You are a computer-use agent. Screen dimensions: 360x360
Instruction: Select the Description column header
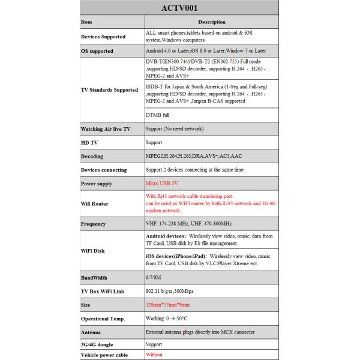coord(211,22)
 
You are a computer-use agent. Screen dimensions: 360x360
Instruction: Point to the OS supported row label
coord(97,51)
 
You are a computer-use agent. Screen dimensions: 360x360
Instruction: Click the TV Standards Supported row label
coord(109,89)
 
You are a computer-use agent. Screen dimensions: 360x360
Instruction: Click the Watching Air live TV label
coord(105,129)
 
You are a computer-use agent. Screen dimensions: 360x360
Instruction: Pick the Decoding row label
coord(92,156)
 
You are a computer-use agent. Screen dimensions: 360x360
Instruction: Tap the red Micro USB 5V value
coord(163,183)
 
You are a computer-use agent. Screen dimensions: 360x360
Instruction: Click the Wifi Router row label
coord(94,203)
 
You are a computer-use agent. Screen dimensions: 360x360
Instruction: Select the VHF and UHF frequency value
coord(188,224)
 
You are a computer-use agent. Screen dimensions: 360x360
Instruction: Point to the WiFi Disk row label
coord(92,250)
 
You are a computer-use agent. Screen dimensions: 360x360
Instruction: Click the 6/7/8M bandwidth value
coord(154,278)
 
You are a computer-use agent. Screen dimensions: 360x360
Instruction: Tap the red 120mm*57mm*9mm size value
coord(169,305)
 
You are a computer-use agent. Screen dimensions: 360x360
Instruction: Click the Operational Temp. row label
coord(103,319)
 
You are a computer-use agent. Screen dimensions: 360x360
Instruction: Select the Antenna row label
coord(92,332)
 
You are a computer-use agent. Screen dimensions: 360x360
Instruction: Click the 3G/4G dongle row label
coord(97,344)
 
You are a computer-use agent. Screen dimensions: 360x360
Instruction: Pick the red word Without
coord(155,355)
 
